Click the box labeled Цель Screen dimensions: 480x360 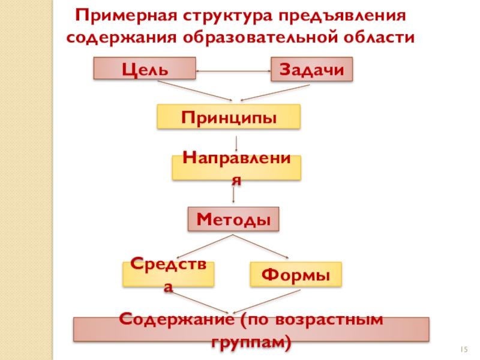(x=144, y=68)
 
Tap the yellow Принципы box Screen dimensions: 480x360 (x=229, y=116)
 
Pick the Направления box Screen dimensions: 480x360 (x=236, y=168)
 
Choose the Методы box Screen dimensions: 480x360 (x=234, y=220)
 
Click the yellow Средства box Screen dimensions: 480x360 (x=169, y=274)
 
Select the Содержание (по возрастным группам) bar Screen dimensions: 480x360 (x=251, y=329)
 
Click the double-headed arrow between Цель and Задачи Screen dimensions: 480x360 (x=233, y=73)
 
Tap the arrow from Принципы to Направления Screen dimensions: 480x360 (x=238, y=143)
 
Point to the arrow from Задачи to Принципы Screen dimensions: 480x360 (x=276, y=92)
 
